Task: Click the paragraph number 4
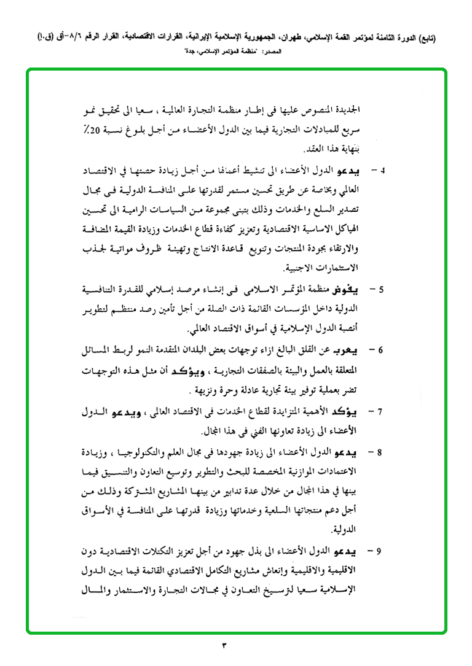(x=382, y=169)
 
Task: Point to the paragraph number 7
(x=382, y=411)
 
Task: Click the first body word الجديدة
(x=354, y=112)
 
